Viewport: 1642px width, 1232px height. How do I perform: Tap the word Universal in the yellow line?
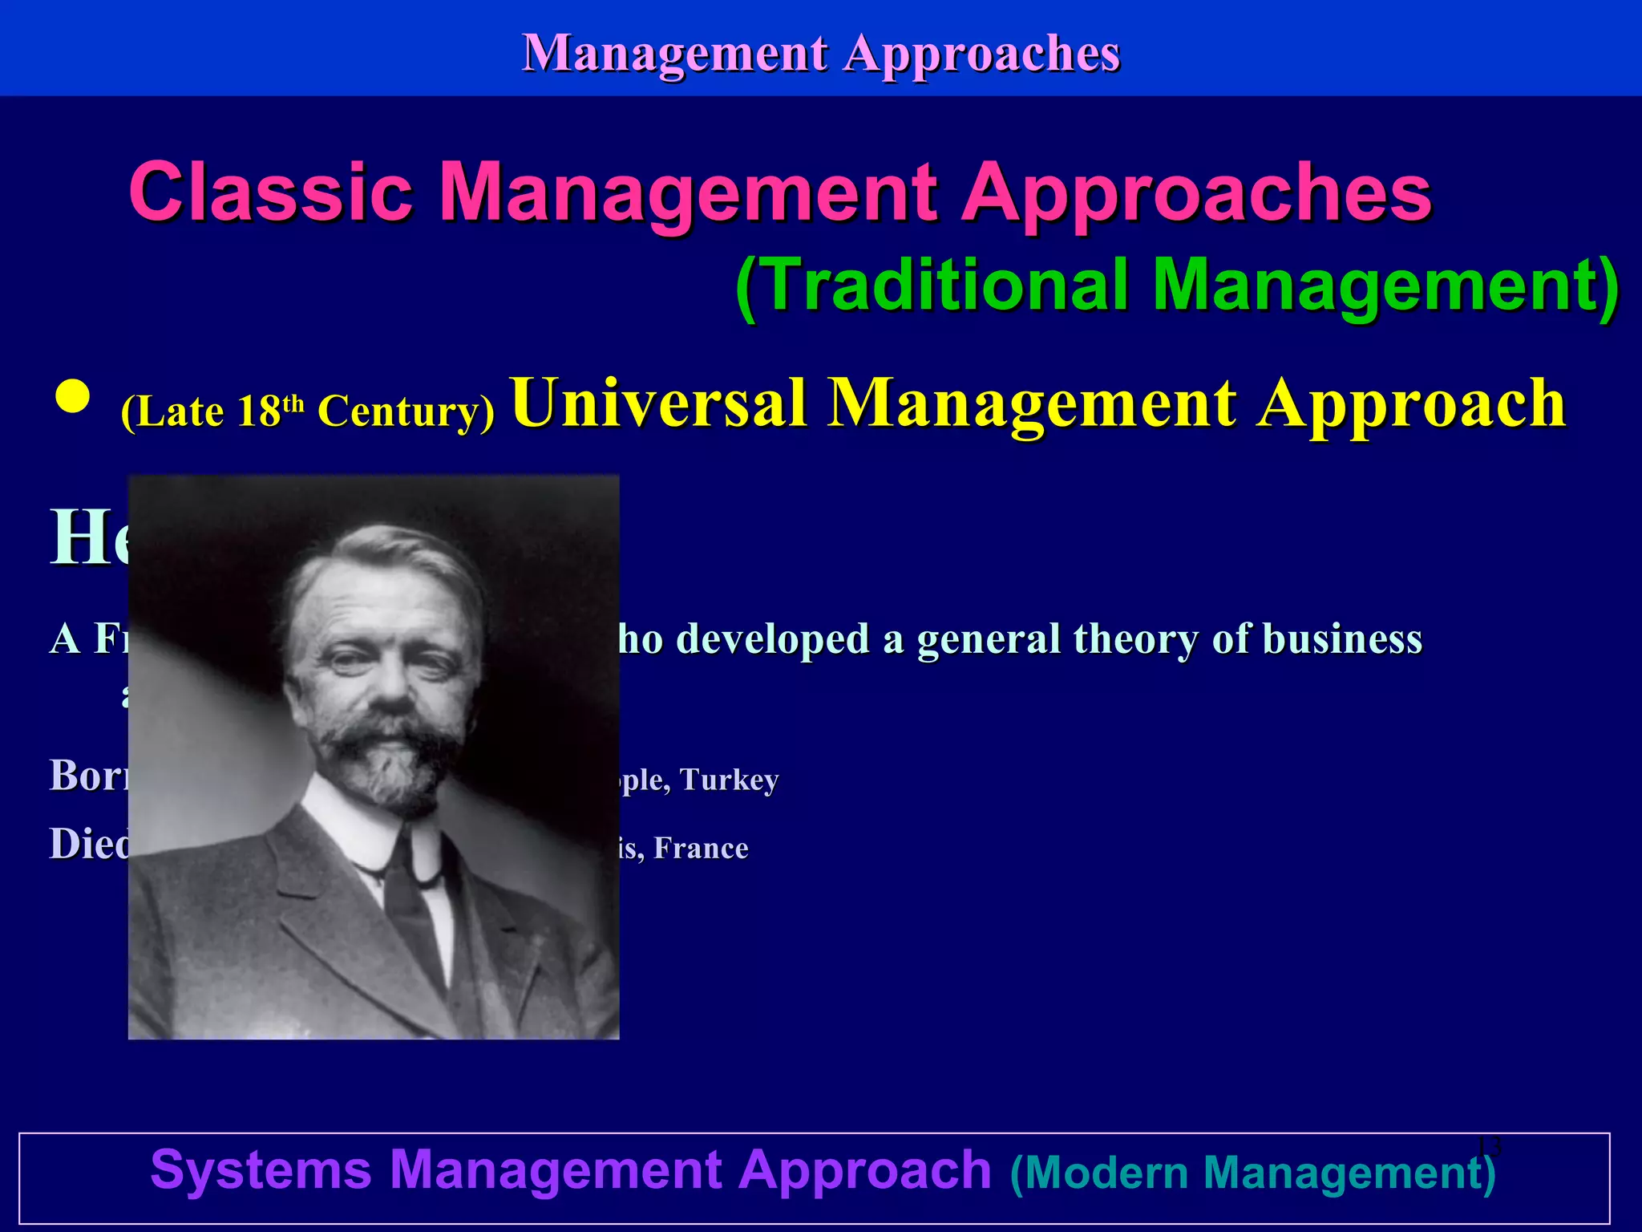tap(657, 403)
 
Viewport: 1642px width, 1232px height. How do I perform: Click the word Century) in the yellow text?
tap(406, 411)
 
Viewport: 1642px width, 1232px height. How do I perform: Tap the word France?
tap(701, 849)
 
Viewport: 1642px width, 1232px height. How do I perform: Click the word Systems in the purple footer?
tap(261, 1169)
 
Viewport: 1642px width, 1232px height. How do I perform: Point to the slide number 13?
tap(1488, 1146)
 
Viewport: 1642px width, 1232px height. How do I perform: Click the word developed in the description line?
tap(773, 639)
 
